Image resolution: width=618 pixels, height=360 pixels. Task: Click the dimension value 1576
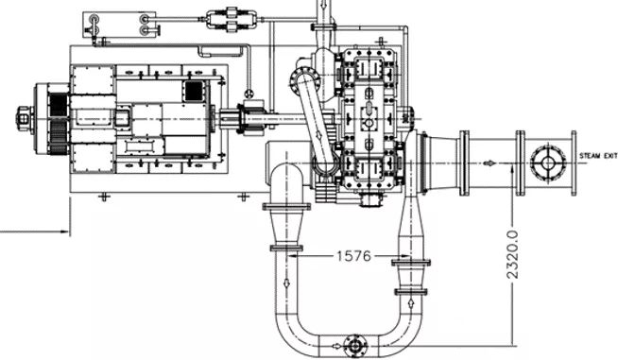point(354,256)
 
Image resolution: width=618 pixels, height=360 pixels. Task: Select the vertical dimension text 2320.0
point(512,255)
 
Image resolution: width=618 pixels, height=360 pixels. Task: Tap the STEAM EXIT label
point(598,156)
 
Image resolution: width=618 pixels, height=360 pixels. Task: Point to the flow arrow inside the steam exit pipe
point(489,163)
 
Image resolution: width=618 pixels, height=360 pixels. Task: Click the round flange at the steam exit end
point(547,163)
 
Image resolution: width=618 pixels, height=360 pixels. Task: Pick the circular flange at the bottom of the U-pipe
point(355,346)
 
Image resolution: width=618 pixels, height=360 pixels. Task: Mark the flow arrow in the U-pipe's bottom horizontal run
point(336,346)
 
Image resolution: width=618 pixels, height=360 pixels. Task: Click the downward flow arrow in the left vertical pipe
point(286,283)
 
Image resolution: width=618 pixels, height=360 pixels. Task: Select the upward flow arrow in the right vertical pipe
point(411,302)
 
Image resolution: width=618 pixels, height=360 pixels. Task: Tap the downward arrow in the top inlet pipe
point(323,5)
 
